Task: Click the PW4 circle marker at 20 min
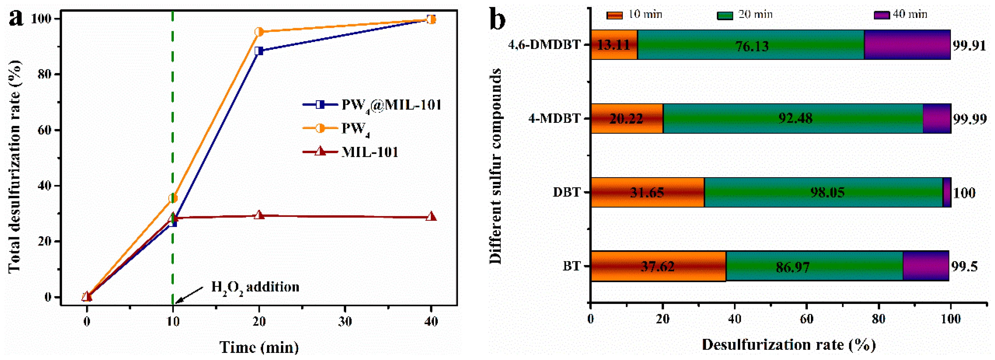point(259,32)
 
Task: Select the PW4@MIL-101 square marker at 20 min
point(259,51)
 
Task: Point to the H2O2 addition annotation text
point(255,287)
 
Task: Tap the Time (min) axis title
point(259,347)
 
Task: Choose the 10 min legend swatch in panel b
point(614,15)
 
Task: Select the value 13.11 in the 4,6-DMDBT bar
point(613,45)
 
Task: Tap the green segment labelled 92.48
point(795,118)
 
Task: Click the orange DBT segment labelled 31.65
point(647,192)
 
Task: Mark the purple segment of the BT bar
point(925,266)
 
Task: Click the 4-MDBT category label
point(554,118)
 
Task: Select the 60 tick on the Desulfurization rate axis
point(806,319)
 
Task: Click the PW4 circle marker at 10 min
point(173,198)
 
